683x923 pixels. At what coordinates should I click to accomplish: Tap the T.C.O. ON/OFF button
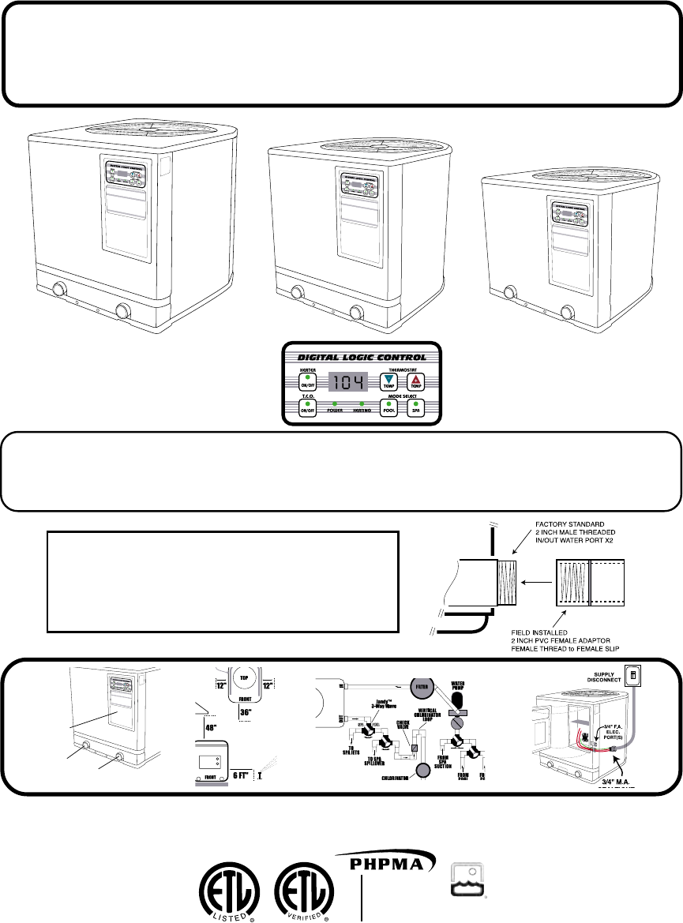(306, 407)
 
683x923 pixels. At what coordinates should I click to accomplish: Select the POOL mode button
(388, 407)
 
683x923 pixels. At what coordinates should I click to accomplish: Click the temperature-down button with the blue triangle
(388, 381)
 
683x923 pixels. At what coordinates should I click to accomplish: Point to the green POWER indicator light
(335, 404)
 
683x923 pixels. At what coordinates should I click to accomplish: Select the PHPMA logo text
(388, 865)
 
